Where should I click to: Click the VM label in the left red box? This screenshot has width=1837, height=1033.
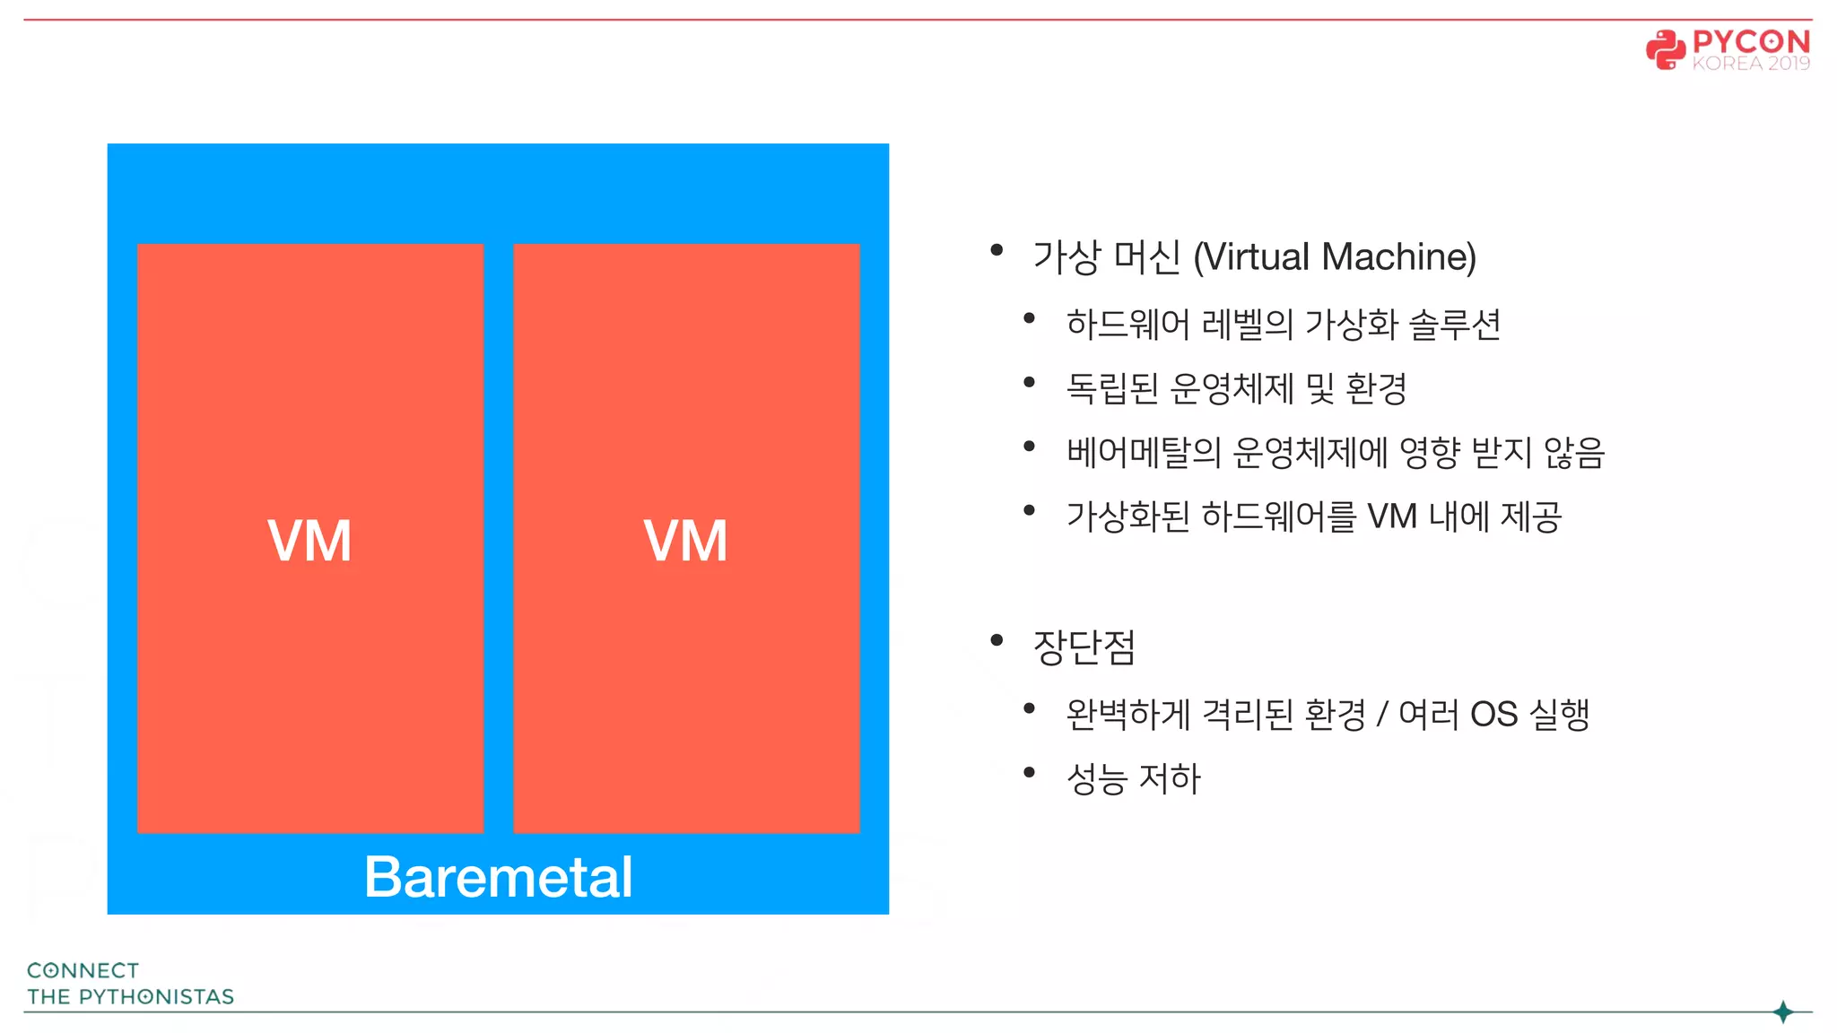[309, 541]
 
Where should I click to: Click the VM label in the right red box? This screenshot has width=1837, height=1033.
[685, 541]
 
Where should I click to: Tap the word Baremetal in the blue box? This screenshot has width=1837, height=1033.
[498, 876]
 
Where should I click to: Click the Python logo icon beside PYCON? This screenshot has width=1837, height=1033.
[1665, 49]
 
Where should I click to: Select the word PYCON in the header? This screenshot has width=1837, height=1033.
[1751, 41]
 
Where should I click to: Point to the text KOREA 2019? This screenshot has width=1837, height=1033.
[1751, 64]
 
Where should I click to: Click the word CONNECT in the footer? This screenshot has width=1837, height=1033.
[83, 970]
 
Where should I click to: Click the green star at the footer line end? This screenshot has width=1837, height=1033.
[1783, 1011]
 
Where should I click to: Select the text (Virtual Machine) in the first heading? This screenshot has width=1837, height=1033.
[1335, 256]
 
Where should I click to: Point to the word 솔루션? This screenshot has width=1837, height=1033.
[1454, 324]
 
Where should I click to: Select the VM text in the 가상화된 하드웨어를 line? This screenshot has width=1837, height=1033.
[1391, 516]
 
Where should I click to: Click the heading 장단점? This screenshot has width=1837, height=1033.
[1084, 646]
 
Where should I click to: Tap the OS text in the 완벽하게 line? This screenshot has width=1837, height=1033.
[1493, 715]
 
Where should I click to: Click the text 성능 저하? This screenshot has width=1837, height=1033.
[1133, 778]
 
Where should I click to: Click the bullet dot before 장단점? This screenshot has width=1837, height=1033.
[997, 639]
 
